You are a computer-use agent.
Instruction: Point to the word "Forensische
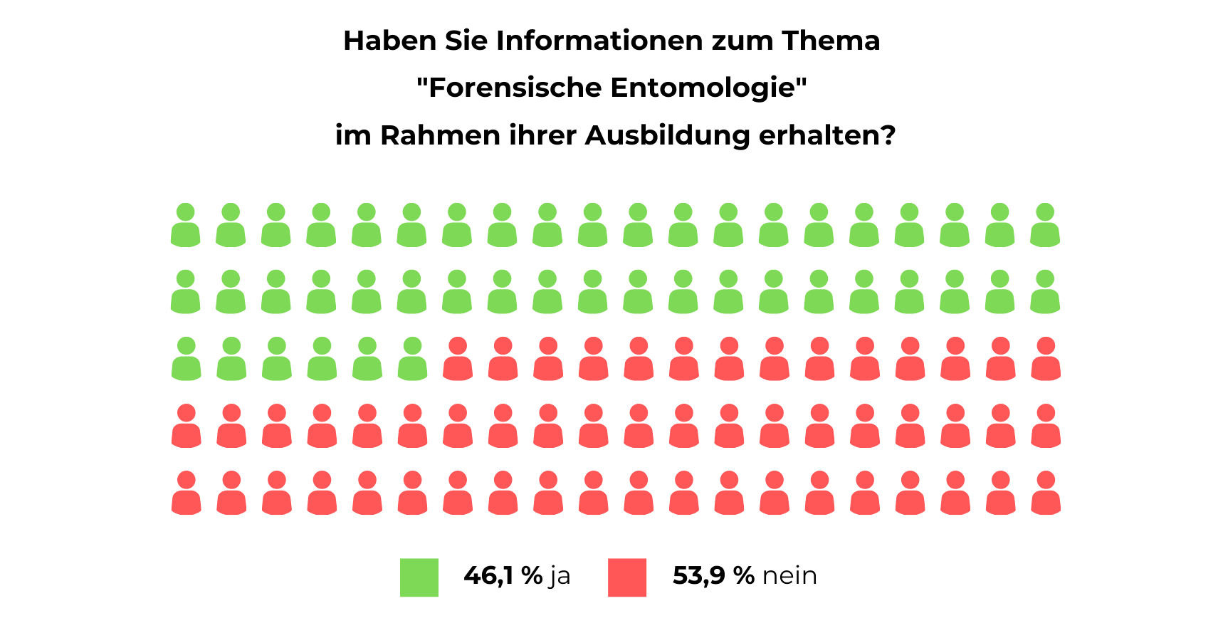coord(508,88)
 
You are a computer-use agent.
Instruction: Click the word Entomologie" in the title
coord(708,88)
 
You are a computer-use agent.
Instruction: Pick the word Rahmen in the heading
coord(440,135)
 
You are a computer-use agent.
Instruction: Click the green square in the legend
coord(419,577)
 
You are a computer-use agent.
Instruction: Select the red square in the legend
coord(627,577)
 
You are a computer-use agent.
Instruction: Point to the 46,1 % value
coord(503,575)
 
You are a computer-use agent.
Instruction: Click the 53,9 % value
coord(713,575)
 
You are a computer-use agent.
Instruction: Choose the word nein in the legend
coord(789,575)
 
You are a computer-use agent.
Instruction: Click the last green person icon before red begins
coord(412,359)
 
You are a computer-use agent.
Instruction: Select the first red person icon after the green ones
coord(458,359)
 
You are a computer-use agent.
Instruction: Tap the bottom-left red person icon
coord(187,493)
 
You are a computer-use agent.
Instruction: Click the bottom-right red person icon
coord(1046,493)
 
